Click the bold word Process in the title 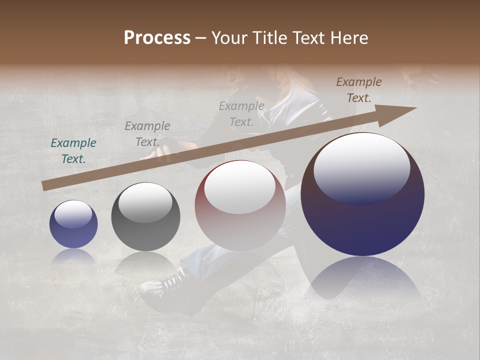coord(157,38)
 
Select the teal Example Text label coord(73,151)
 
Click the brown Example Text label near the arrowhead coord(359,90)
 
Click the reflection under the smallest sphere coord(73,255)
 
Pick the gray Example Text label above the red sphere coord(241,113)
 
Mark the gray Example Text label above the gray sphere coord(147,133)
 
